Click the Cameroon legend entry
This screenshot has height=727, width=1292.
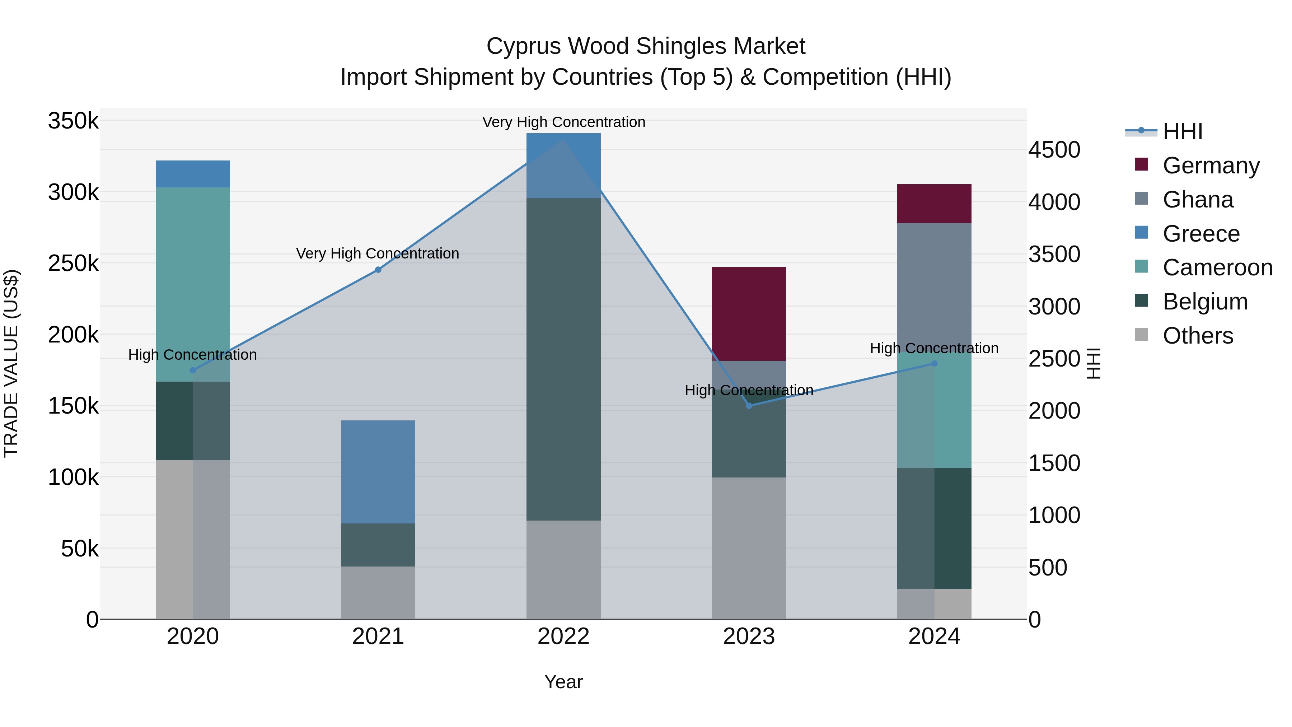(x=1217, y=267)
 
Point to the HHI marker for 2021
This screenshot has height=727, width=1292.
(x=378, y=270)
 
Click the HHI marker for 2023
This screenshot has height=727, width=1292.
(x=749, y=405)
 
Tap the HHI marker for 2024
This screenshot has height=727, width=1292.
(x=934, y=364)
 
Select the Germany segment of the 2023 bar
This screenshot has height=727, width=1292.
(x=749, y=313)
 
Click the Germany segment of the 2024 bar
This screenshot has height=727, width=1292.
(x=934, y=203)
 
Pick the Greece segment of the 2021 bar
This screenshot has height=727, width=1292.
(x=378, y=472)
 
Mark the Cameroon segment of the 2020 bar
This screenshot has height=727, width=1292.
(x=193, y=284)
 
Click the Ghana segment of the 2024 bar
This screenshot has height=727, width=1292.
(x=934, y=286)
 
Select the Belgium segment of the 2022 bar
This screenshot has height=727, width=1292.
(x=563, y=359)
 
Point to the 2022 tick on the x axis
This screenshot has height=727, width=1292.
(x=563, y=637)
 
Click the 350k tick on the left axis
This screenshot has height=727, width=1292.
(x=73, y=121)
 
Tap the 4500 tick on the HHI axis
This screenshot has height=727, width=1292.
(x=1054, y=150)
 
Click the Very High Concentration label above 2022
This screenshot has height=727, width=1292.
(x=563, y=122)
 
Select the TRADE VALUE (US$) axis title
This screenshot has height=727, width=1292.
(x=11, y=363)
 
